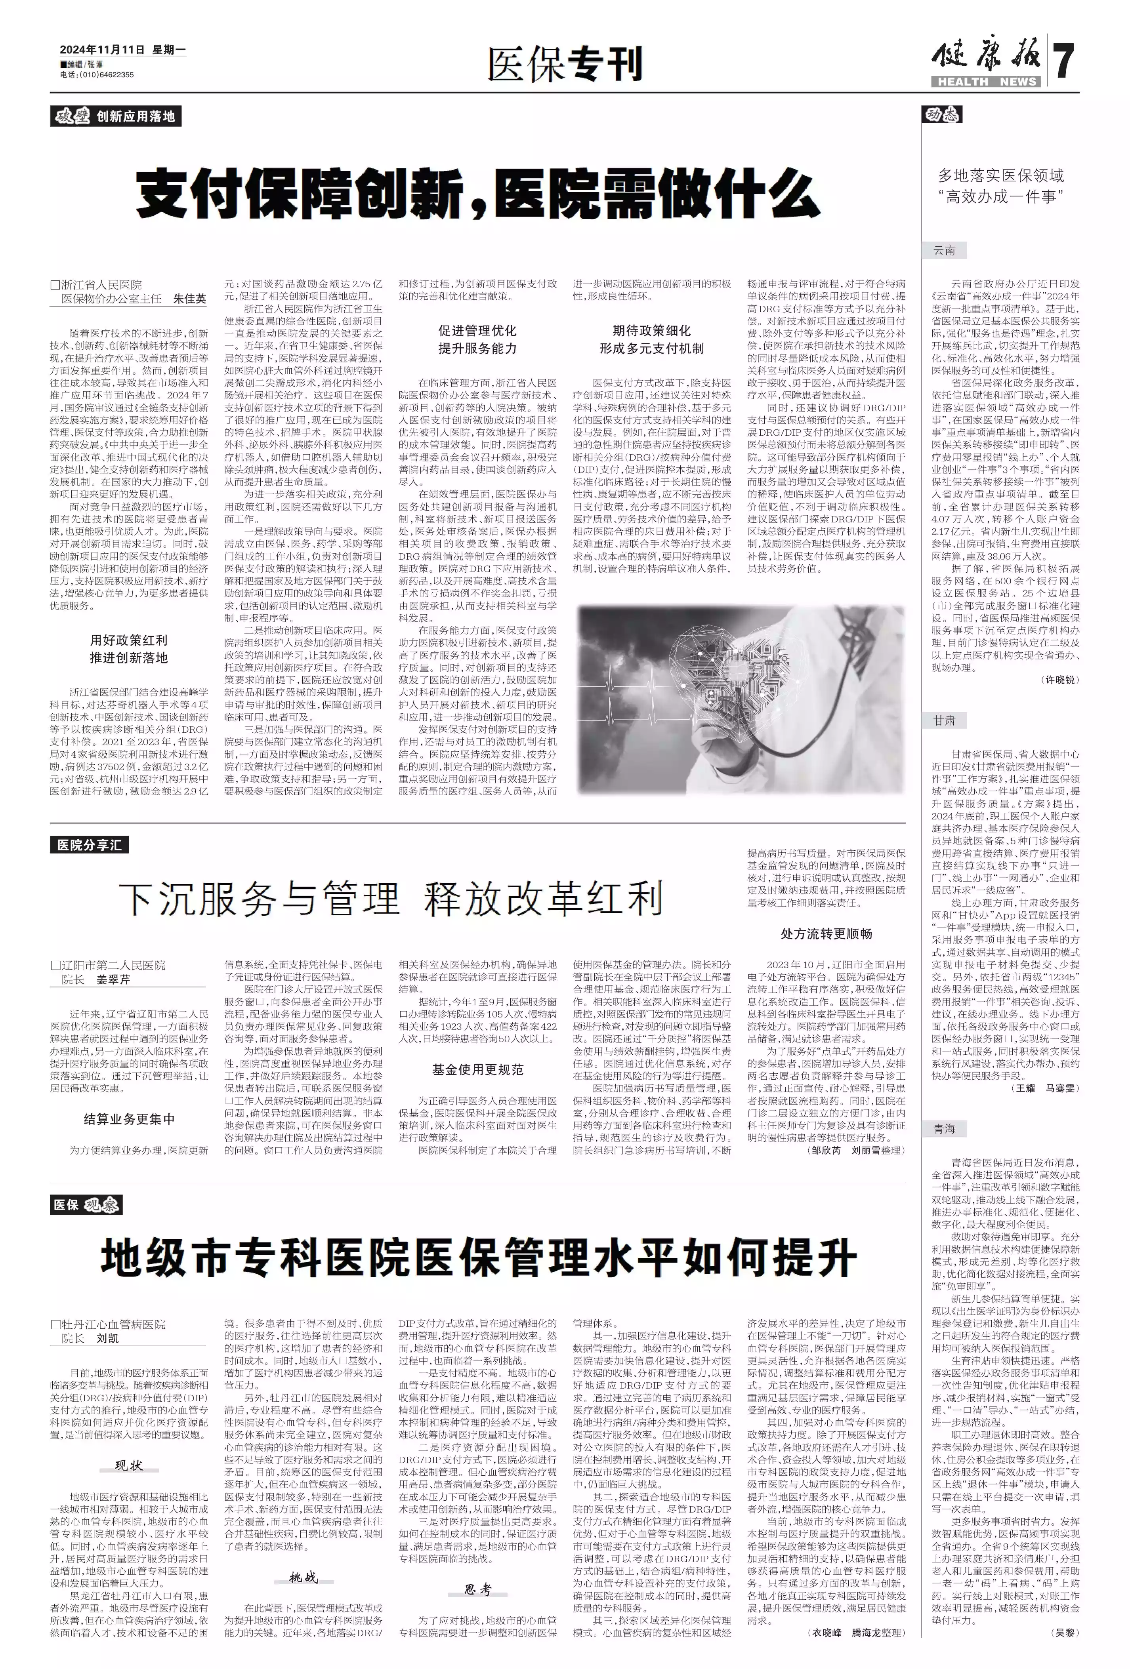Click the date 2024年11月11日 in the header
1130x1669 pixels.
[102, 50]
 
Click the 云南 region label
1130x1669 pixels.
[944, 251]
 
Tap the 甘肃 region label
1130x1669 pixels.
[944, 720]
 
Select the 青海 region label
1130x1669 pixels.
[944, 1129]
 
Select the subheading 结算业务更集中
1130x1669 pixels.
[129, 1119]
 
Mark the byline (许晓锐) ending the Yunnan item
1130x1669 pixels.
[1059, 679]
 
